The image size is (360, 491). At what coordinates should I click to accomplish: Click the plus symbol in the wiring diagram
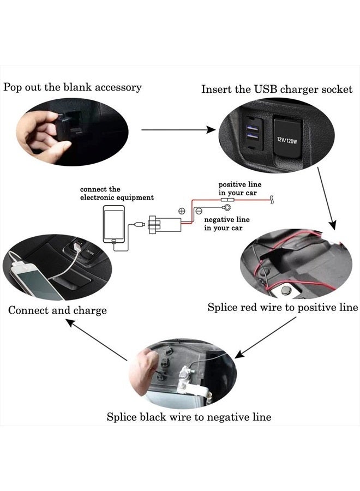point(183,210)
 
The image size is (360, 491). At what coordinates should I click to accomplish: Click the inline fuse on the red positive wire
point(226,201)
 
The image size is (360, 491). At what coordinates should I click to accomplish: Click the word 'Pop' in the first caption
point(14,87)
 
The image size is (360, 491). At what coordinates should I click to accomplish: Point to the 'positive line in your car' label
point(238,189)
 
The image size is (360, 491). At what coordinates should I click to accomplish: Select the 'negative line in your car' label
point(226,224)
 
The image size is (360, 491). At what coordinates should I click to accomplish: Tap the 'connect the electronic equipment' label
point(117,193)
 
